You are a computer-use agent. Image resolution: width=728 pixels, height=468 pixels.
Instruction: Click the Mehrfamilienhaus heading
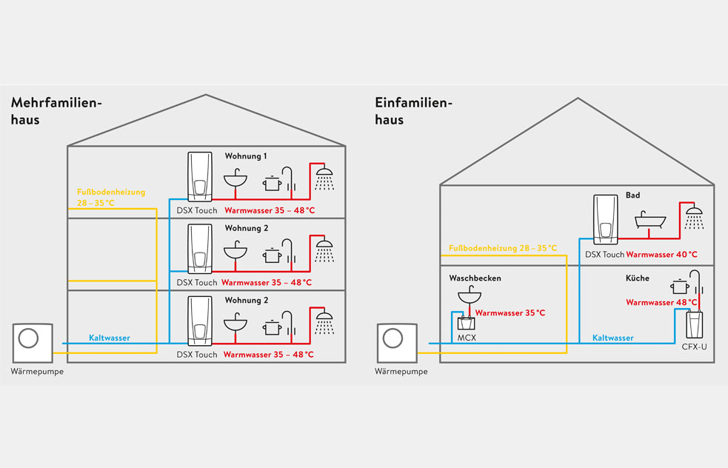(x=56, y=111)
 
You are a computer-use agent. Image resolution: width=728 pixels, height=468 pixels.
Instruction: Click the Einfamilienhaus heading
(x=413, y=111)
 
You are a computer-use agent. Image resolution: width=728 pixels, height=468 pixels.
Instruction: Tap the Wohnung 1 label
(x=246, y=156)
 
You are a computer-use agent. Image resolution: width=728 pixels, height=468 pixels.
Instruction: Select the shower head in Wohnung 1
(x=324, y=178)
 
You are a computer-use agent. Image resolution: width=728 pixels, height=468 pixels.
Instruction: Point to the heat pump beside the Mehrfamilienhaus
(x=33, y=343)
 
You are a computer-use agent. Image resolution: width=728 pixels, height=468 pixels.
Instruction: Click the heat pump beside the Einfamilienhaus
(x=397, y=343)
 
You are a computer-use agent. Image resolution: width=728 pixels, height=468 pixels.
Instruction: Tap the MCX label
(x=467, y=338)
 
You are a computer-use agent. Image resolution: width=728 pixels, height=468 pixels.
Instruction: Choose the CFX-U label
(x=694, y=347)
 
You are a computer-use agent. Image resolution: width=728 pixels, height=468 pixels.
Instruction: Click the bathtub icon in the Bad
(x=650, y=220)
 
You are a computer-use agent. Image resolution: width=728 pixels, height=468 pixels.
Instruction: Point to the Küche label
(x=638, y=278)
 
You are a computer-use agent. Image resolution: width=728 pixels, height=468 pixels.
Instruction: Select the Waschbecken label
(x=475, y=278)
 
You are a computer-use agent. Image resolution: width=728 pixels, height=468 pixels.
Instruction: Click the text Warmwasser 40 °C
(x=661, y=255)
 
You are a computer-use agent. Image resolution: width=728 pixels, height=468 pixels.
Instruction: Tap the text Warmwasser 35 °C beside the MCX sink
(x=510, y=313)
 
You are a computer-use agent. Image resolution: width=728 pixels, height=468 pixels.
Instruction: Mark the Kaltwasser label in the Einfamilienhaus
(x=613, y=338)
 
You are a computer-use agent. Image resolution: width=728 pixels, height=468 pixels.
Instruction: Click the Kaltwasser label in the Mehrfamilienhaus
(x=110, y=338)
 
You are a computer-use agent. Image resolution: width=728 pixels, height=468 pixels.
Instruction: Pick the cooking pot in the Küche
(x=680, y=286)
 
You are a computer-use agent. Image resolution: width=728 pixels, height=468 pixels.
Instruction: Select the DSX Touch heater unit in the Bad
(x=605, y=220)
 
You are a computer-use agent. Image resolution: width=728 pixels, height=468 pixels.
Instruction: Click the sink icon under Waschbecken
(x=470, y=295)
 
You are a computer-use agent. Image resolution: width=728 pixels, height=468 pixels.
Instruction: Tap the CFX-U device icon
(x=694, y=324)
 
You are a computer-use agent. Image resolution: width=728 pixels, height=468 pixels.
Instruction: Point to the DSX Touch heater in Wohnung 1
(x=200, y=177)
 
